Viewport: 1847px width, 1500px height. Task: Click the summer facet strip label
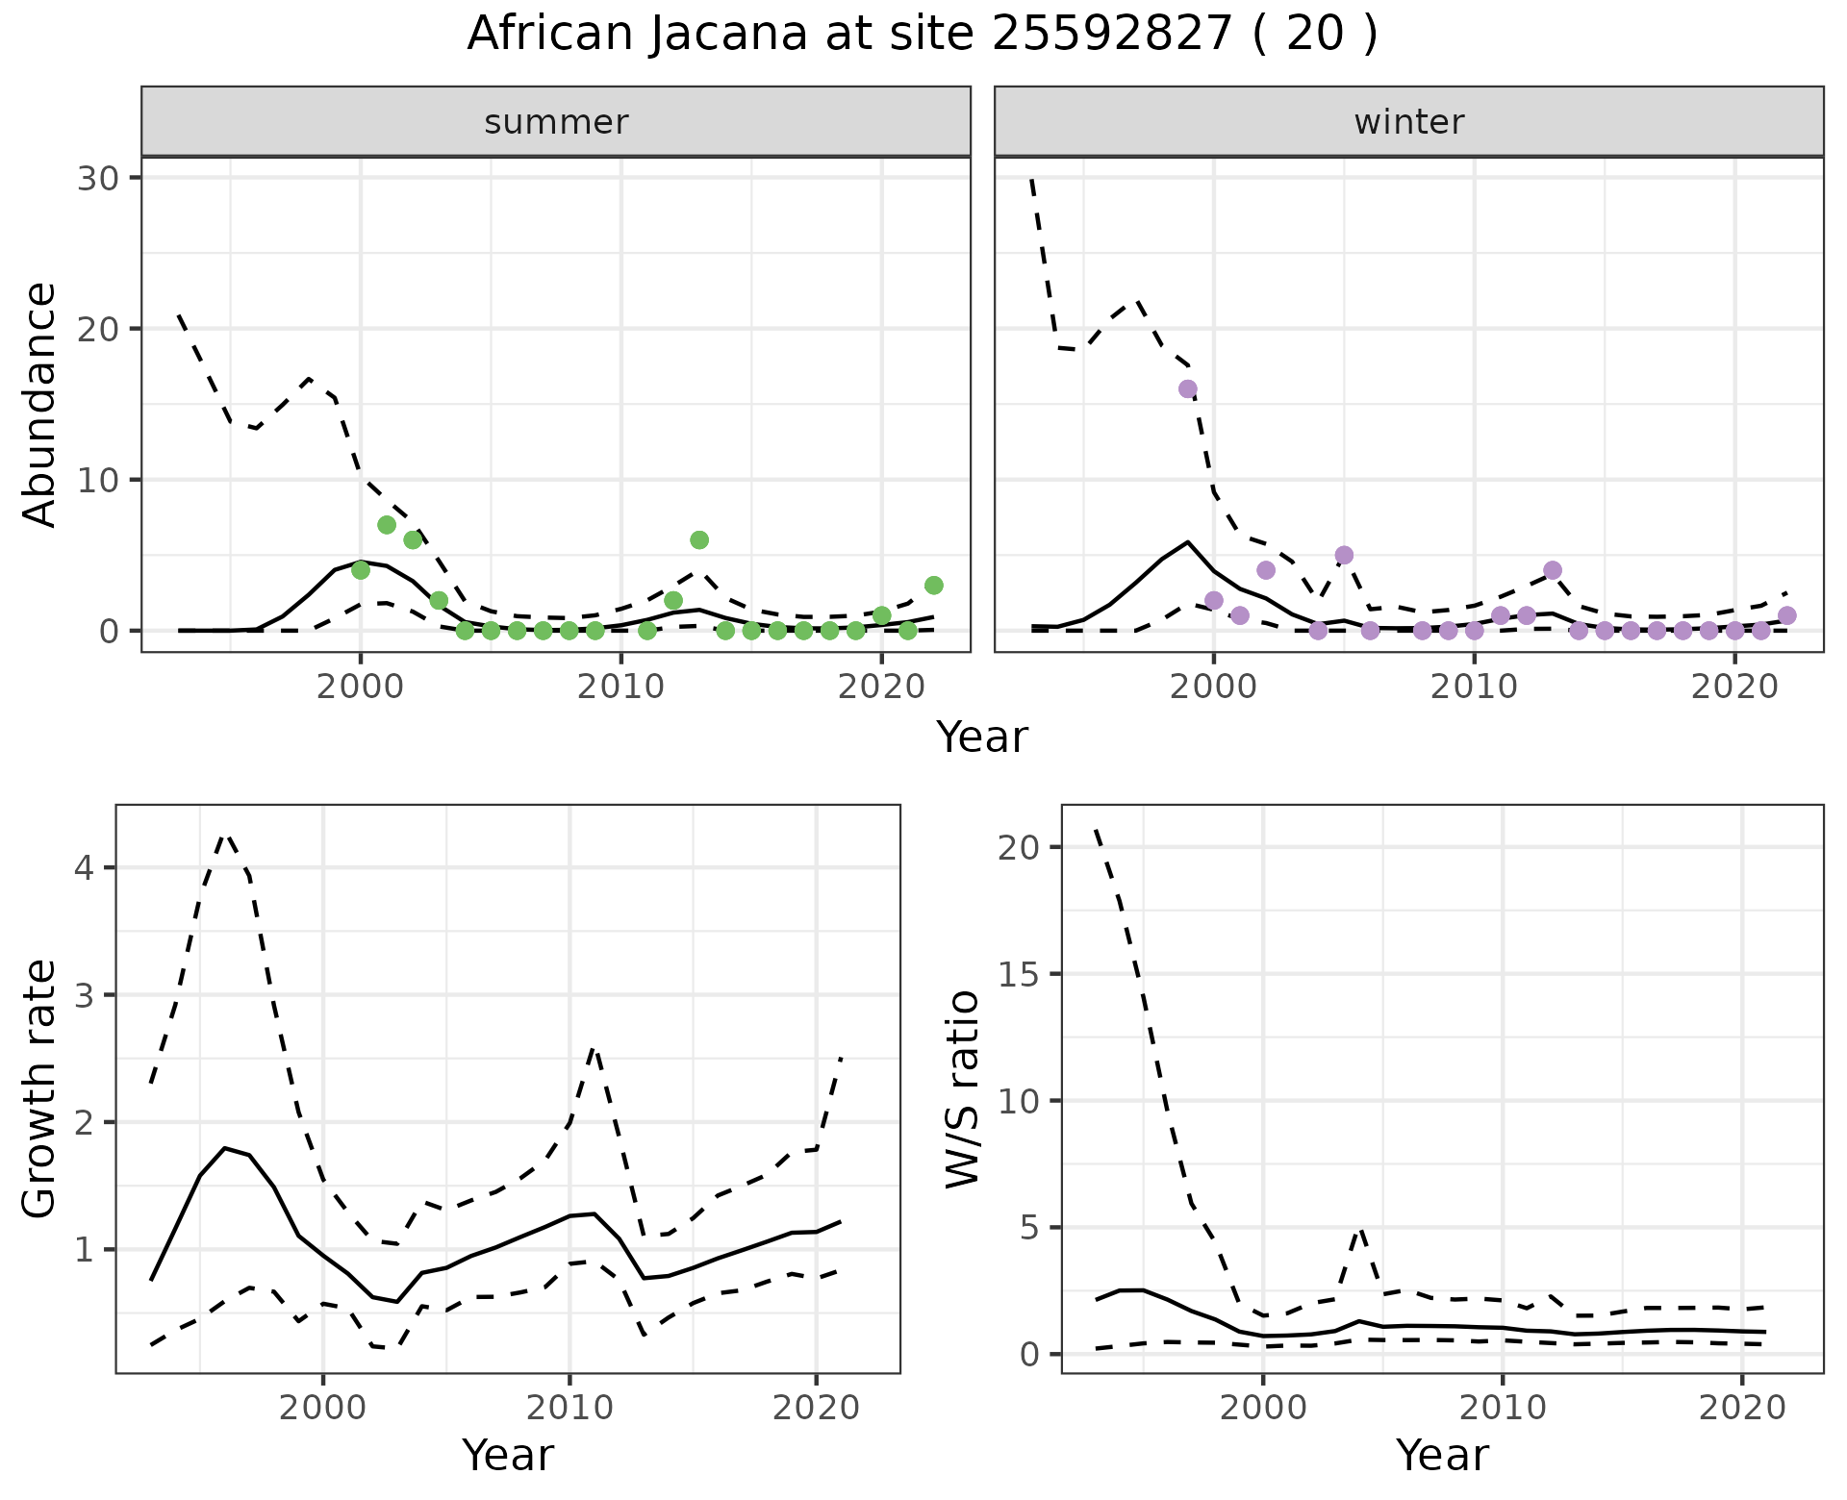pyautogui.click(x=556, y=122)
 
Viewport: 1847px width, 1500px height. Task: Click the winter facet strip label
pyautogui.click(x=1408, y=122)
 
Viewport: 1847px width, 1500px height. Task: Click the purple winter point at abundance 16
pyautogui.click(x=1188, y=389)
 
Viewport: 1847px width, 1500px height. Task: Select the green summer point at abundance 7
pyautogui.click(x=387, y=525)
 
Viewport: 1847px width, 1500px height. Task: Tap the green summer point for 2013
pyautogui.click(x=699, y=540)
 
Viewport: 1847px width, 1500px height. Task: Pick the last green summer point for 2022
pyautogui.click(x=933, y=586)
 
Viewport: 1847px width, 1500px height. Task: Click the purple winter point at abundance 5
pyautogui.click(x=1344, y=556)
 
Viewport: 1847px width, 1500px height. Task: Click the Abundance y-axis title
pyautogui.click(x=40, y=404)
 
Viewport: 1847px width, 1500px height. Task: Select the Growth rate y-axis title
pyautogui.click(x=40, y=1088)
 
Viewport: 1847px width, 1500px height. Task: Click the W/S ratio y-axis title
pyautogui.click(x=962, y=1088)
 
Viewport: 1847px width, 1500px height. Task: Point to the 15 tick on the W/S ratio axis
pyautogui.click(x=1023, y=974)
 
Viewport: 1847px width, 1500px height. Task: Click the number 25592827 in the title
pyautogui.click(x=1111, y=35)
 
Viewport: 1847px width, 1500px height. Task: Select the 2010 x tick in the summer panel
pyautogui.click(x=620, y=688)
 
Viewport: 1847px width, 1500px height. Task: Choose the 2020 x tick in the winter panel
pyautogui.click(x=1733, y=688)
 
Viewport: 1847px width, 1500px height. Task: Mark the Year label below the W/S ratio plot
pyautogui.click(x=1442, y=1456)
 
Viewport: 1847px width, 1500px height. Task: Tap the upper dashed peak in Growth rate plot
pyautogui.click(x=225, y=836)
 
